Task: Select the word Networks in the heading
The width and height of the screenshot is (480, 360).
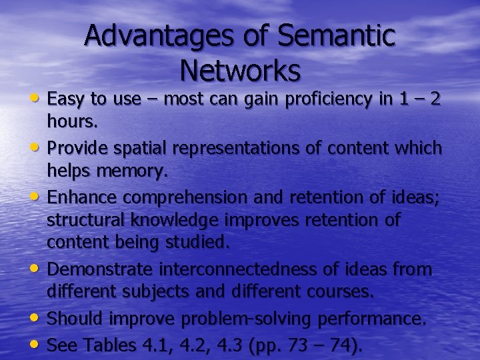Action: (240, 69)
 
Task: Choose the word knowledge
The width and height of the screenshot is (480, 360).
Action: (185, 221)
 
